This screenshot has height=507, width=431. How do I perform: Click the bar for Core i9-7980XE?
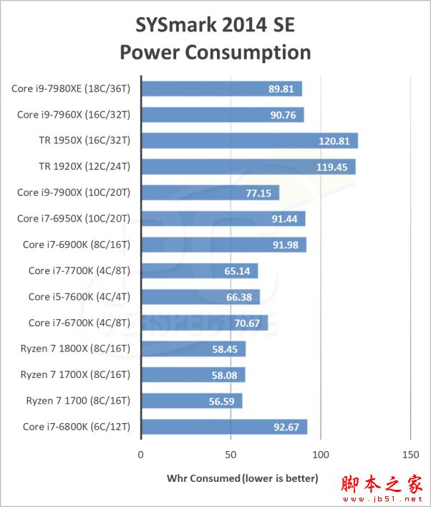click(x=221, y=89)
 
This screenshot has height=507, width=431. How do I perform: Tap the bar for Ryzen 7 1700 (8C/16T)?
click(x=191, y=401)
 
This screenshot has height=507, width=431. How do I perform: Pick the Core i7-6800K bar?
click(x=224, y=427)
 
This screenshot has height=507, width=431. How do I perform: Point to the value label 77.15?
click(x=256, y=193)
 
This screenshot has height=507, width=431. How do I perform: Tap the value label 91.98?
click(x=284, y=245)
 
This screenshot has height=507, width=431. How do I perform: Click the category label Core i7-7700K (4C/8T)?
click(x=79, y=270)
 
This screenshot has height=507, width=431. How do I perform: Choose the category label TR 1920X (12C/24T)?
click(x=84, y=166)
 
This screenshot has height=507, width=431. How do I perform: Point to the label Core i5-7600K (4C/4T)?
click(x=79, y=297)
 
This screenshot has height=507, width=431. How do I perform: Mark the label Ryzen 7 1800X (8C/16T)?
click(x=75, y=349)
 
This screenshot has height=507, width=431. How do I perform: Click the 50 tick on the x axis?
click(x=231, y=455)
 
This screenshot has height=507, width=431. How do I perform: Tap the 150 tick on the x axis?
click(x=410, y=455)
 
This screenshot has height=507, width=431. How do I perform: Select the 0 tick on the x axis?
click(x=141, y=455)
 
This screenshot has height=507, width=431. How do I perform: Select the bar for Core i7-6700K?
click(x=204, y=323)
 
